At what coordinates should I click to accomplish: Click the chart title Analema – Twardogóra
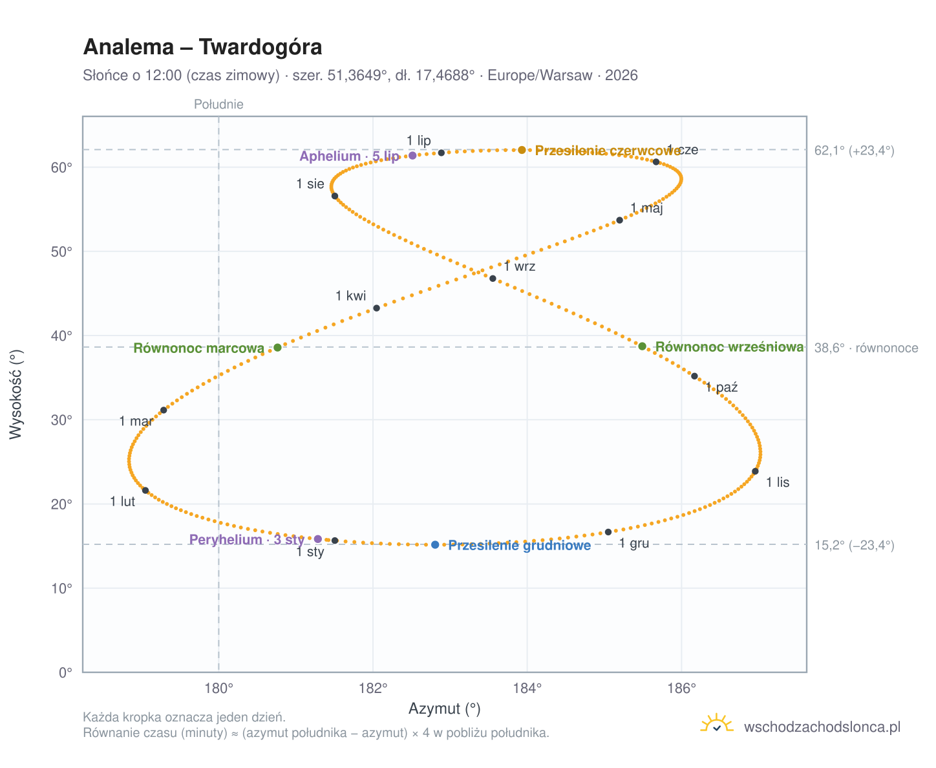click(x=202, y=47)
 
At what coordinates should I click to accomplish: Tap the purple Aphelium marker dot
click(x=412, y=155)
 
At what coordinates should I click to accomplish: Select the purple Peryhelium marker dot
click(x=318, y=539)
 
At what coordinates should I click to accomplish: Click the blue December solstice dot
click(x=435, y=545)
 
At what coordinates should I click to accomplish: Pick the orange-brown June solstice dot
click(x=522, y=150)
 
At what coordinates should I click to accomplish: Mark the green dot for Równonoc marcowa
click(x=277, y=347)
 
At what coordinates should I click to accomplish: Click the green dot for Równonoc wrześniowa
click(x=642, y=347)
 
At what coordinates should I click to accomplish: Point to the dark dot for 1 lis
click(x=756, y=471)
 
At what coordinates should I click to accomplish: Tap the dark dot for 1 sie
click(x=335, y=196)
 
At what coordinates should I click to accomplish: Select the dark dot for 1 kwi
click(x=376, y=308)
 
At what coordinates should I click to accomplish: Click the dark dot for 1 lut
click(x=145, y=491)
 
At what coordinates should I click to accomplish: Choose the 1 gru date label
click(x=633, y=543)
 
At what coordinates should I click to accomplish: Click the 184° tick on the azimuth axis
click(x=527, y=688)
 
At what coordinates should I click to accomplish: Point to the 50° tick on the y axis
click(x=61, y=251)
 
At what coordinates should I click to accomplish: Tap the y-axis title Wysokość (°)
click(x=16, y=394)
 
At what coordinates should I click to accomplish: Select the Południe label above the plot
click(x=218, y=104)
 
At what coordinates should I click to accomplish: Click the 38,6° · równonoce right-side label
click(x=866, y=348)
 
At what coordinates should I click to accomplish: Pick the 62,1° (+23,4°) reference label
click(x=854, y=151)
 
